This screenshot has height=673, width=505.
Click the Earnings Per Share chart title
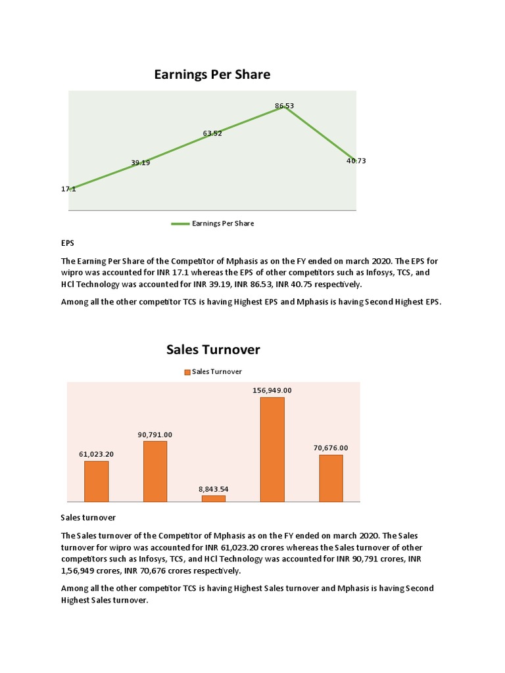coord(212,75)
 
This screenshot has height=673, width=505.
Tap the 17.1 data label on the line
coord(68,189)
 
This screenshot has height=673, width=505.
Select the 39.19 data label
coord(140,162)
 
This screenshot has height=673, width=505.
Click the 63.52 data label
coord(212,133)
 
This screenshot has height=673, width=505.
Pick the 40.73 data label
coord(356,160)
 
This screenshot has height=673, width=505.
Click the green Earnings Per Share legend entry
coord(212,223)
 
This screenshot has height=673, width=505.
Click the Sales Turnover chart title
coord(213,350)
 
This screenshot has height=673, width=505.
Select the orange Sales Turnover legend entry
coord(213,371)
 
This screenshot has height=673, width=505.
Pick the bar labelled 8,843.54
coord(213,498)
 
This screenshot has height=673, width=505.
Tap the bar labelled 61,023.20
coord(96,481)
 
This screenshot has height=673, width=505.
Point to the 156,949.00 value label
coord(272,390)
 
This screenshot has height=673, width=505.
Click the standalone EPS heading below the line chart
coord(67,243)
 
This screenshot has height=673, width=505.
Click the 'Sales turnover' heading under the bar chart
coord(88,518)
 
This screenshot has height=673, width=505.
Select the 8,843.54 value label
coord(213,490)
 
